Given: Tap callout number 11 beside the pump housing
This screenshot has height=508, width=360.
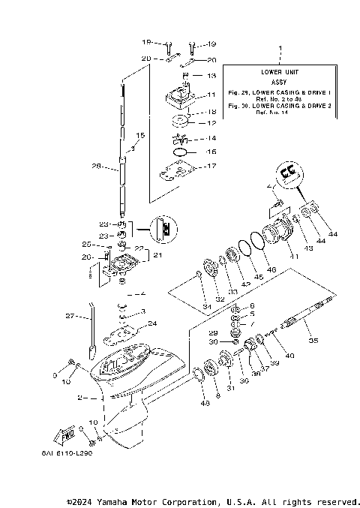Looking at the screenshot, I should tap(211, 95).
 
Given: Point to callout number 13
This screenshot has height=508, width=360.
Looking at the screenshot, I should tap(211, 76).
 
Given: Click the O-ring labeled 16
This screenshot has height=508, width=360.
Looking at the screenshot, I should tap(181, 152).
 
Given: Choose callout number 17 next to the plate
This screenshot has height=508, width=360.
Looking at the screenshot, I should tap(211, 166).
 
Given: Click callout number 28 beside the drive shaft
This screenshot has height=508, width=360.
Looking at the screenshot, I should tap(95, 166).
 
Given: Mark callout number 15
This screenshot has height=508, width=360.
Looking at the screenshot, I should tap(139, 136).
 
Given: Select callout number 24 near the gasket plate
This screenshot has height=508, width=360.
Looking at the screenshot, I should tap(152, 323).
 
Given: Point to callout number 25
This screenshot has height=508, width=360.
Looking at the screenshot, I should tap(87, 244).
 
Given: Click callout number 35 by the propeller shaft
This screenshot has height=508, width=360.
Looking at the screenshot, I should tap(313, 341).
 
